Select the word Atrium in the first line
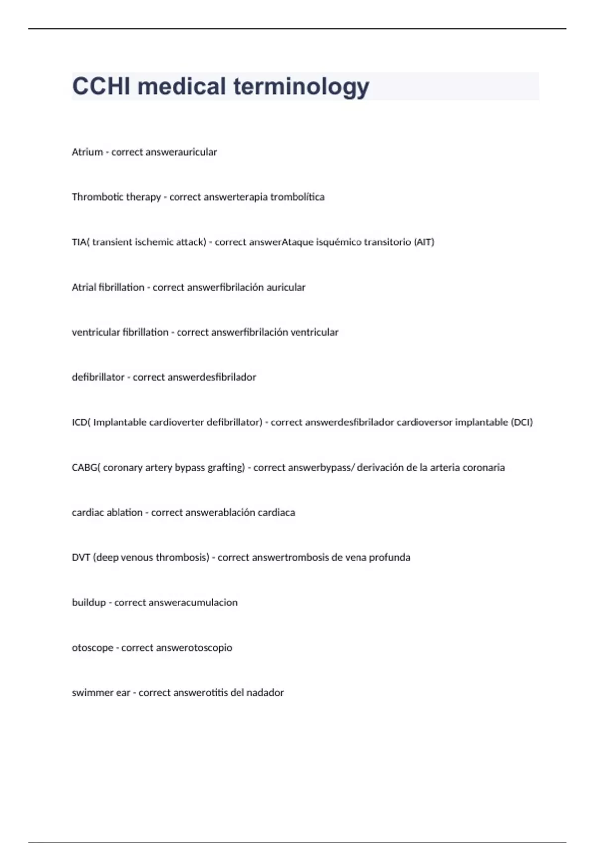tap(87, 152)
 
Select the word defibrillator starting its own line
tap(98, 377)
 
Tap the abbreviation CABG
tap(85, 468)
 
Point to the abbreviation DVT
tap(81, 557)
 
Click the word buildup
tap(89, 603)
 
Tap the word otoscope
tap(92, 648)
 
